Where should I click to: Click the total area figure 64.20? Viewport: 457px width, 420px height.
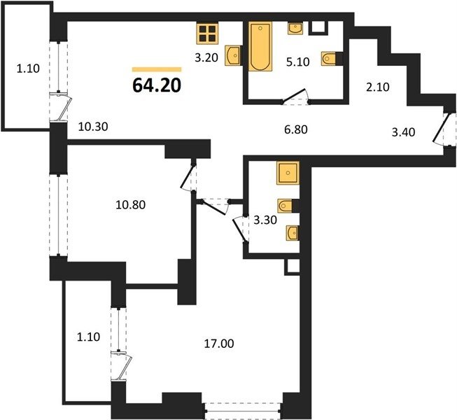tap(157, 85)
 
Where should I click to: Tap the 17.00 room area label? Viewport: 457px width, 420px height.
tap(219, 344)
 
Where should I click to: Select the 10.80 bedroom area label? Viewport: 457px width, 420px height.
tap(131, 205)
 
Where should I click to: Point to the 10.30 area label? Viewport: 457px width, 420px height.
tap(93, 127)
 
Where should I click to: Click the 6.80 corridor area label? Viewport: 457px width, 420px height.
tap(296, 129)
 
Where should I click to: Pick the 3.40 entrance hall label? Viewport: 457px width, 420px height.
tap(403, 132)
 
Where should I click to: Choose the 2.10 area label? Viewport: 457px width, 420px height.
tap(378, 87)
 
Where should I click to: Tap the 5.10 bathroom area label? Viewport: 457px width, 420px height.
tap(297, 62)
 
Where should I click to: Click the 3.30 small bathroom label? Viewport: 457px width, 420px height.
tap(265, 220)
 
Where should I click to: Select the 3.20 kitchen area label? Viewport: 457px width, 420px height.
tap(206, 57)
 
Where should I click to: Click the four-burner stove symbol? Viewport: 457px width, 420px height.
tap(208, 34)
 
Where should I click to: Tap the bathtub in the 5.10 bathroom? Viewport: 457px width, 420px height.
tap(260, 46)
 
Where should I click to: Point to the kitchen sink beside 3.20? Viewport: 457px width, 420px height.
tap(232, 55)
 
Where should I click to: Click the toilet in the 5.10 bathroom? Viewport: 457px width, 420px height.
tap(329, 59)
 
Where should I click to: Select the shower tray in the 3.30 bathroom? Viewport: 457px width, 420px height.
tap(288, 173)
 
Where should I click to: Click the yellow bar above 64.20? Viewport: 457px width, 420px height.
tap(157, 69)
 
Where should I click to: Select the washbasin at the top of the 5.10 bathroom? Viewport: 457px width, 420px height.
tap(295, 28)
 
